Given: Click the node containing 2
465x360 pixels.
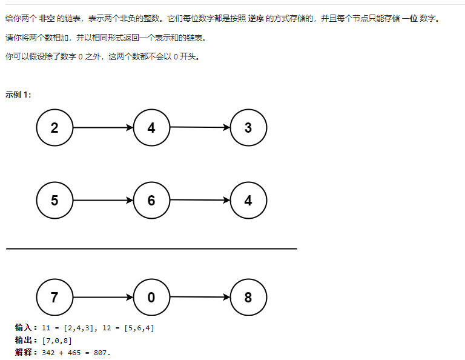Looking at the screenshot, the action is point(54,128).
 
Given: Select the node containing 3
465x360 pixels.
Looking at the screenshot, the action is point(248,128).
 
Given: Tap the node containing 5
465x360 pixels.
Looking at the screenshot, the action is point(54,201).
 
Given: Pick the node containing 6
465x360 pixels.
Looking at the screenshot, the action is point(151,201).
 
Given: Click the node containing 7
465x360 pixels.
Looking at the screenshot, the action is point(54,298).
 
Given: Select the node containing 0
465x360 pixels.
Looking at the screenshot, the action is point(151,298).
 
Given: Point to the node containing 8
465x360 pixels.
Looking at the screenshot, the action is point(248,298).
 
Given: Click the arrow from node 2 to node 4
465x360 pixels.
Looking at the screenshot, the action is point(103,128).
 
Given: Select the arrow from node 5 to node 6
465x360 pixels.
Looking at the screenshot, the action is point(103,201).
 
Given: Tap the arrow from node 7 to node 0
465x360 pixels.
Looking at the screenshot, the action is point(103,298).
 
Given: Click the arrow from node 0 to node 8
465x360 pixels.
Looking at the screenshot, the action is point(200,297).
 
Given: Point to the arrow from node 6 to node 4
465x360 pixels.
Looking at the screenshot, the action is point(200,200).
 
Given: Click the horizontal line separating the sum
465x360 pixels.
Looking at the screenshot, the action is point(151,248).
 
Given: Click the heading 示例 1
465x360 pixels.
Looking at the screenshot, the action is point(18,95).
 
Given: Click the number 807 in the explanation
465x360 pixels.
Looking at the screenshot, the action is point(102,352).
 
